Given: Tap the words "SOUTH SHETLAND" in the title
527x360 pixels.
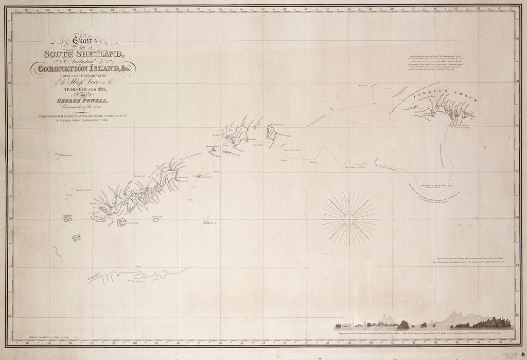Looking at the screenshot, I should [x=83, y=54].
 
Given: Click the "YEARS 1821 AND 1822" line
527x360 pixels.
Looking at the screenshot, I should [x=84, y=90].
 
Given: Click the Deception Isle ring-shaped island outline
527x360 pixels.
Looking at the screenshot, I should [x=122, y=222].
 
